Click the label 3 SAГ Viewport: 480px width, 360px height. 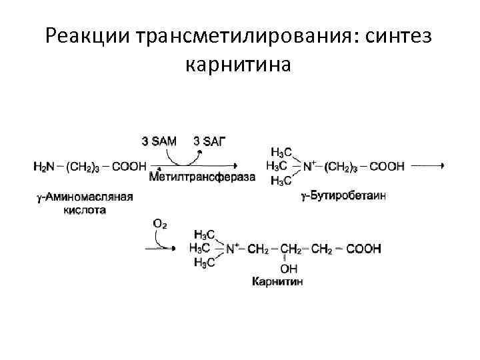tap(209, 141)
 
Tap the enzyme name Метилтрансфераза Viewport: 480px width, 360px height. tap(202, 177)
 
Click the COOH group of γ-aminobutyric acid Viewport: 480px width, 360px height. tap(129, 167)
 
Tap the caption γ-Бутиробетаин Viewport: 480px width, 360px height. tap(343, 196)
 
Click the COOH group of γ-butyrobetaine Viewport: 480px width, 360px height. tap(387, 167)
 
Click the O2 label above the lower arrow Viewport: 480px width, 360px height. tap(160, 225)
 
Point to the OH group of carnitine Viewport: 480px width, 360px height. tap(289, 269)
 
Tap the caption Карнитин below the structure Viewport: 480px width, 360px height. tap(277, 282)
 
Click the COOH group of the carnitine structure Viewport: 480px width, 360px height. tap(364, 249)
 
